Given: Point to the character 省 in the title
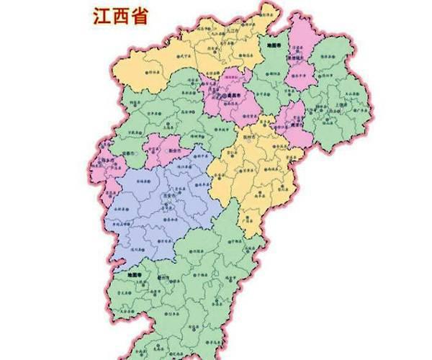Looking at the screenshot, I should pos(138,16).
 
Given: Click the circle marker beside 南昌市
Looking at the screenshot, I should pos(223,94).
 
